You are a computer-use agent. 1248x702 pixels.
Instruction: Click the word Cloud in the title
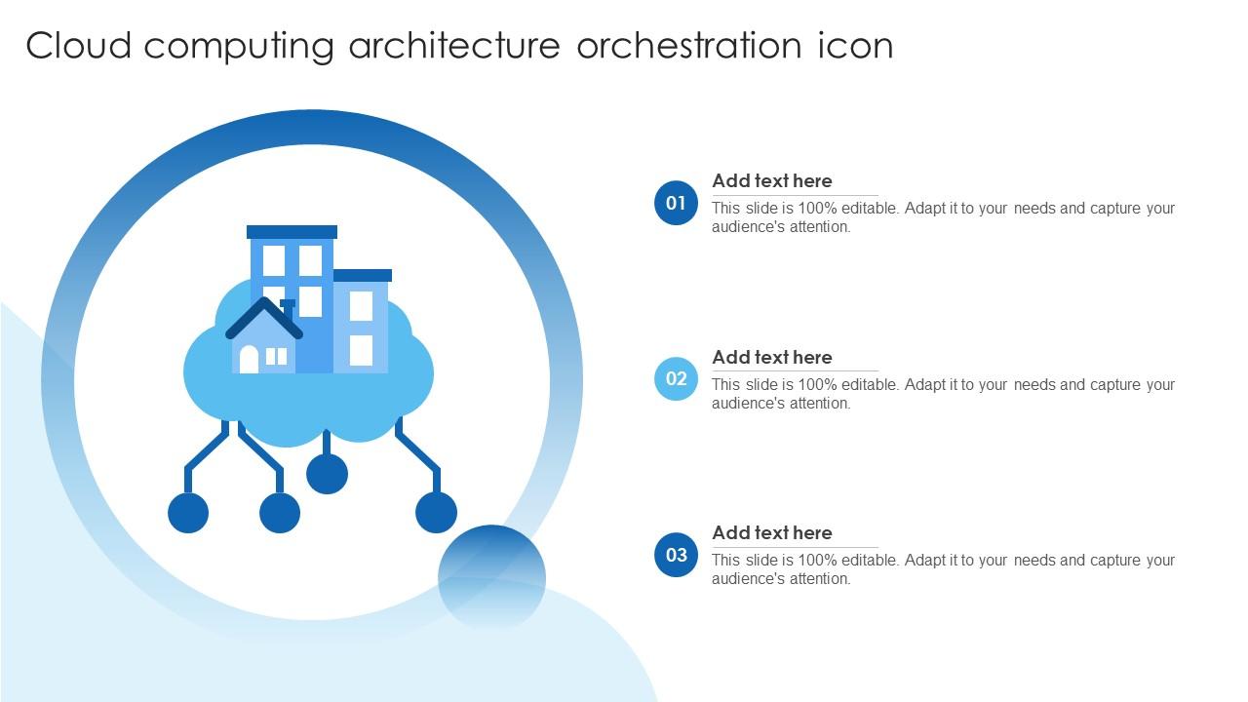pos(78,46)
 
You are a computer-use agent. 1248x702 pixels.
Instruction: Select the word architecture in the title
pos(454,46)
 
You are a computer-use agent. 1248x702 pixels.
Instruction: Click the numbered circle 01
pos(676,203)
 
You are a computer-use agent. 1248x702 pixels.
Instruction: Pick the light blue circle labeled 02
pos(676,379)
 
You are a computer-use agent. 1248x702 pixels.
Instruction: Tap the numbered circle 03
pos(676,555)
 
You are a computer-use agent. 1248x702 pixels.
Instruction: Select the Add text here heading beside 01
pos(771,181)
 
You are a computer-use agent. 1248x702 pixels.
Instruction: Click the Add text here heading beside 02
pos(771,358)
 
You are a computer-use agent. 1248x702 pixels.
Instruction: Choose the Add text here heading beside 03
pos(771,533)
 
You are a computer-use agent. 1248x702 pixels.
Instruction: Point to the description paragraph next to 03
pos(942,569)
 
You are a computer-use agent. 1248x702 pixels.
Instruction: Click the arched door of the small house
pos(249,360)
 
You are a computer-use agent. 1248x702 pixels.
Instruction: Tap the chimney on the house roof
pos(288,306)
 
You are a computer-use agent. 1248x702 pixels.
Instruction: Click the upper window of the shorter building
pos(361,305)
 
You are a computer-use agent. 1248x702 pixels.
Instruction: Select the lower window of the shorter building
pos(361,350)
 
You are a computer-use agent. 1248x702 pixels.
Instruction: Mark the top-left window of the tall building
pos(274,260)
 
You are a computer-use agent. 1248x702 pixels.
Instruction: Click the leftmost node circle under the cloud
pos(188,513)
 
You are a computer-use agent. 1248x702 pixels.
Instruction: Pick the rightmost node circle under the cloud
pos(436,513)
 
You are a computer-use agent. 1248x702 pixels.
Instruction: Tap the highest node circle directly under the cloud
pos(327,474)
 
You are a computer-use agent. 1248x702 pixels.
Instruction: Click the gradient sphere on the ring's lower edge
pos(491,577)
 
